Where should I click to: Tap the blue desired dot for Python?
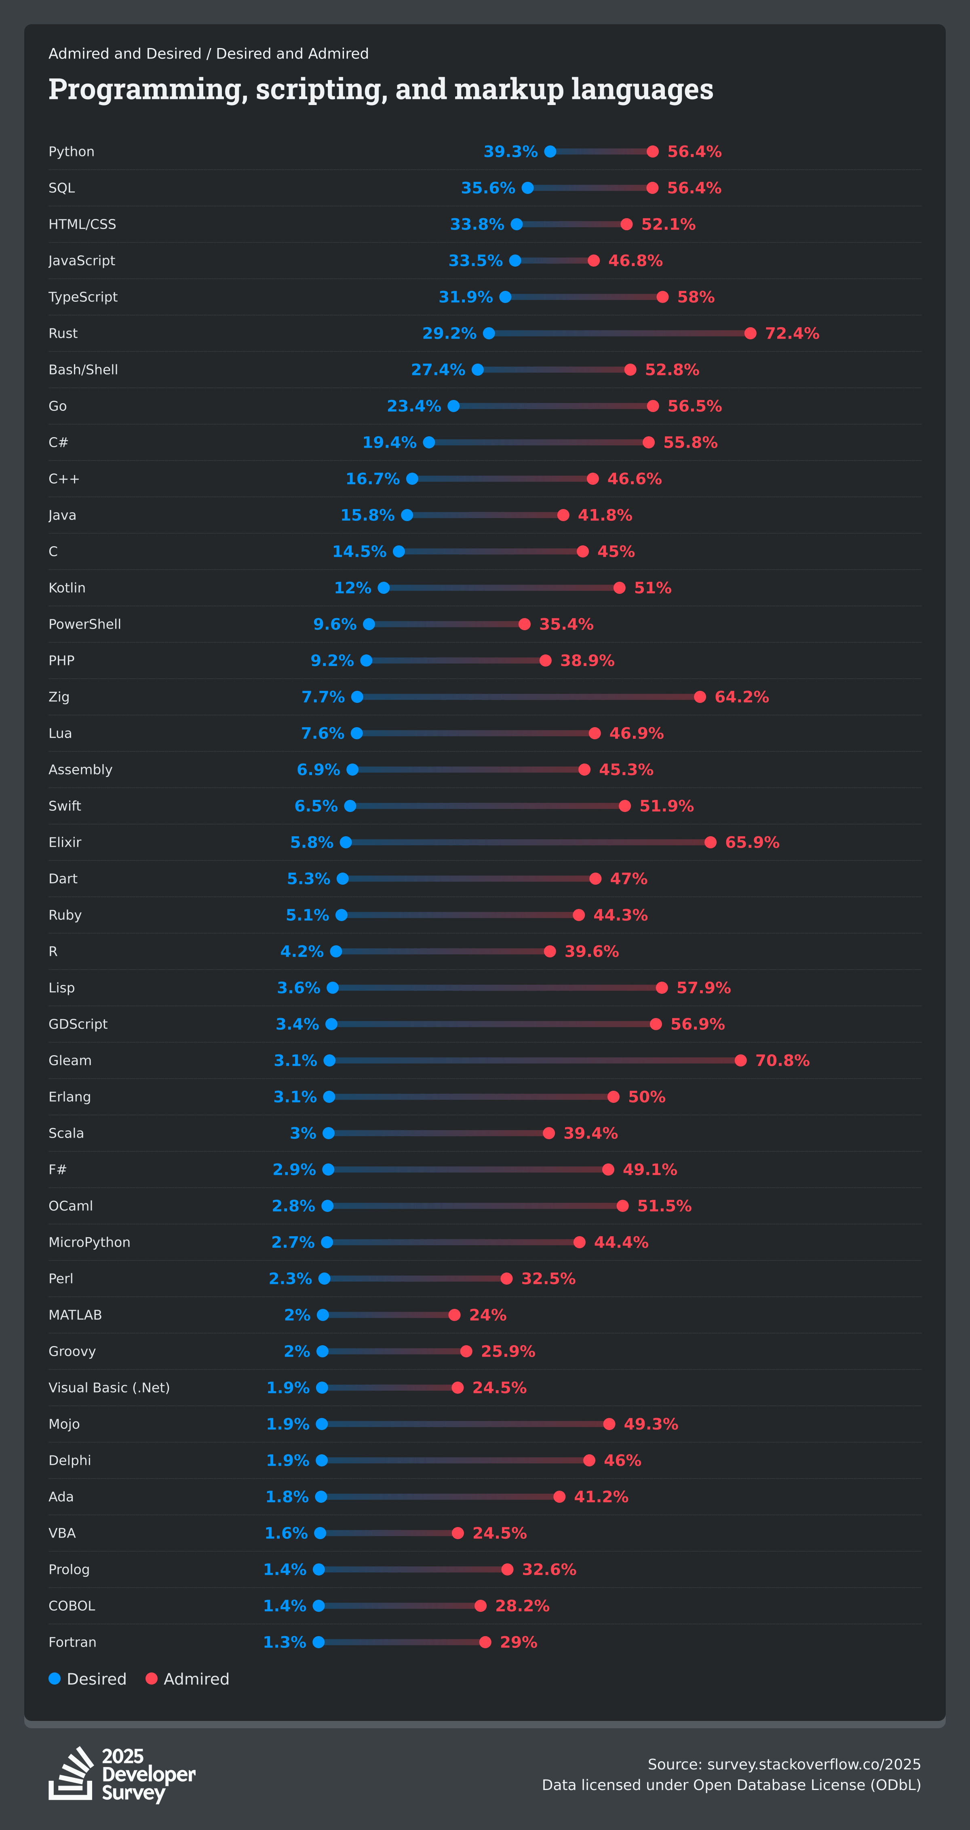click(x=550, y=151)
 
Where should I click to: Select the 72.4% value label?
click(x=792, y=333)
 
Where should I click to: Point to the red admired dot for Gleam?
click(x=740, y=1060)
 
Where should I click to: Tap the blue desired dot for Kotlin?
click(x=384, y=587)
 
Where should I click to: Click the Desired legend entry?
click(x=87, y=1679)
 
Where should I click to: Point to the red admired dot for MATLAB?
click(x=455, y=1315)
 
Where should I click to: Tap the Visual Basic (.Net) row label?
click(x=109, y=1387)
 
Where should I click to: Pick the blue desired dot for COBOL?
click(x=319, y=1605)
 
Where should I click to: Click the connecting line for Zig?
click(x=529, y=697)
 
